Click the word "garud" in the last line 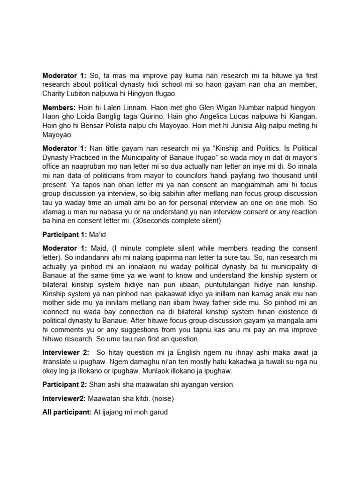coord(158,412)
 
